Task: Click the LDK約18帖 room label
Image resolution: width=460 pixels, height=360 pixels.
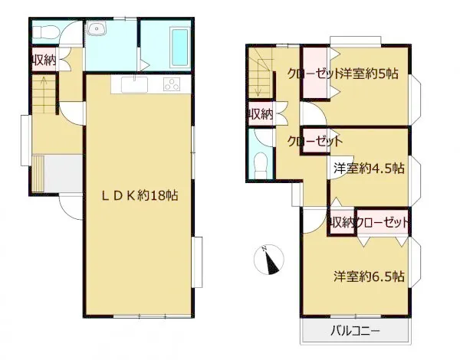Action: tap(140, 195)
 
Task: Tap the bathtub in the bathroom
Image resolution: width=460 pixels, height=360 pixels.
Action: tap(179, 47)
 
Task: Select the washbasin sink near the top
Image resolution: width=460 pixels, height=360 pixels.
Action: tap(96, 29)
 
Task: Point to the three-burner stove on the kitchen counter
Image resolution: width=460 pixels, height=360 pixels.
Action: tap(172, 84)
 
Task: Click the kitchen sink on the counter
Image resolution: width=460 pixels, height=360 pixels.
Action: tap(134, 84)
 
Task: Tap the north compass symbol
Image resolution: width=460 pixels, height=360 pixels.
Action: tap(269, 260)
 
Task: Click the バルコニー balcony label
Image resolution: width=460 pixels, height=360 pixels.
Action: tap(355, 331)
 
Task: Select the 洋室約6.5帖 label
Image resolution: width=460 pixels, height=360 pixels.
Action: tap(369, 277)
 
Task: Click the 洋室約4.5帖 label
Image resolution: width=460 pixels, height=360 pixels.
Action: tap(369, 169)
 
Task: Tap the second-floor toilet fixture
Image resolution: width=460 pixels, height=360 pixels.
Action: tap(260, 165)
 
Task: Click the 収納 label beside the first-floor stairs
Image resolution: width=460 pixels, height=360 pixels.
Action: tap(44, 61)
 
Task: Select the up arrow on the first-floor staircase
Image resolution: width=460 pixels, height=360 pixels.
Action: tap(44, 94)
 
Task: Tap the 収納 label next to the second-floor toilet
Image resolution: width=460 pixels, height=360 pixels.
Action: tap(261, 114)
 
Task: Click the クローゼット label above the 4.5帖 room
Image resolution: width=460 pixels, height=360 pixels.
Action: tap(315, 142)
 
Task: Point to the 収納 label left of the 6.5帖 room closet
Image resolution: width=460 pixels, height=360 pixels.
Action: tap(342, 223)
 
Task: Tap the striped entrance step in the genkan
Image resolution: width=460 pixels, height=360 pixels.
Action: tap(38, 174)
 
